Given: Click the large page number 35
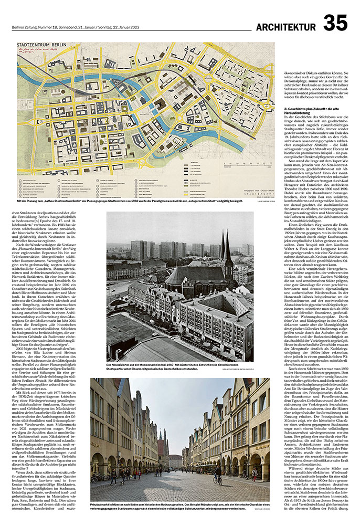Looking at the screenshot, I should pos(335,24).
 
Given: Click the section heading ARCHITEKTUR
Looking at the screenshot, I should pos(286,27).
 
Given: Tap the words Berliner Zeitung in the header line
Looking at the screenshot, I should pos(23,27).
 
